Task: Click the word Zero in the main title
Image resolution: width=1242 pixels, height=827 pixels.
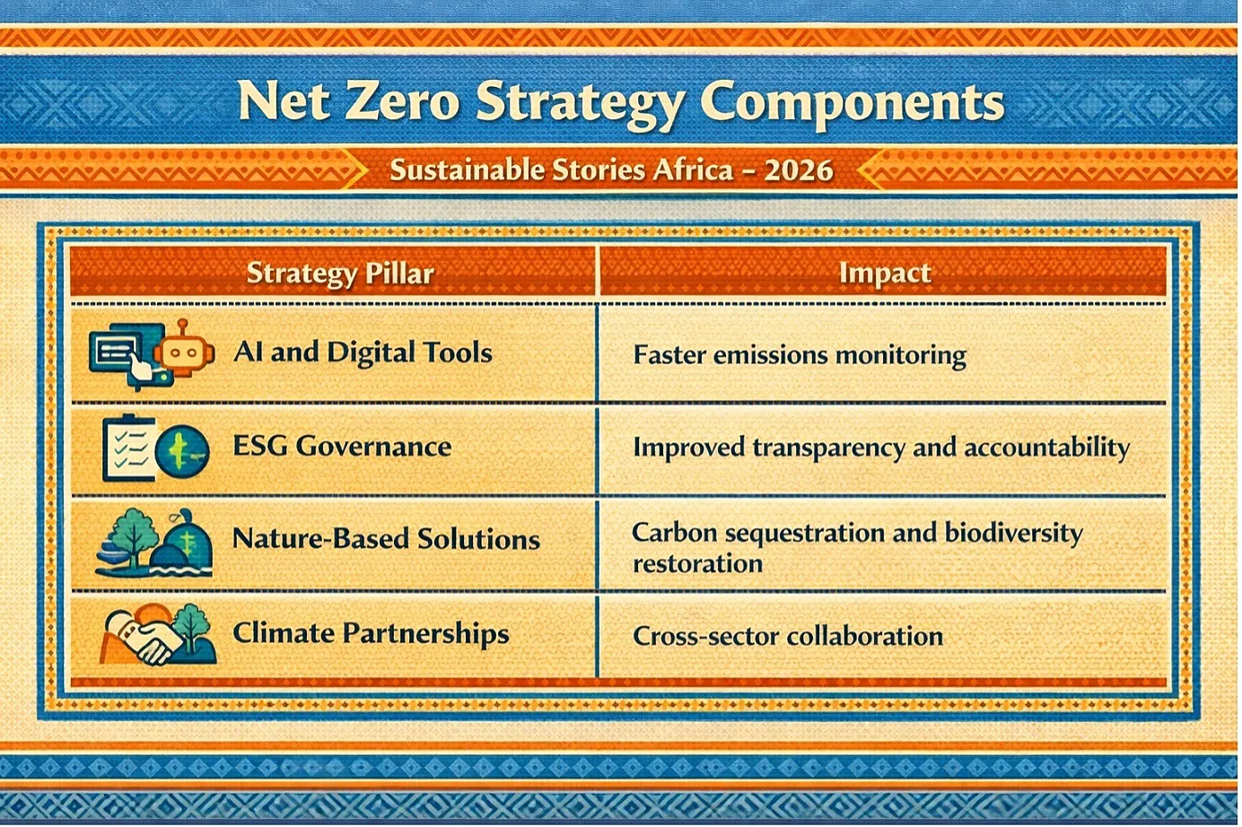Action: click(397, 100)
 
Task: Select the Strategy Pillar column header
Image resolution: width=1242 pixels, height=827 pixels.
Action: click(340, 274)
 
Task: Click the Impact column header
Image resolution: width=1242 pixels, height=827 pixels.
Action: click(884, 273)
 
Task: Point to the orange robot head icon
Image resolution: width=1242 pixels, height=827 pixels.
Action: click(184, 351)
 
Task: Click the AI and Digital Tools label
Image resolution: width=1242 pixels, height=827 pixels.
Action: click(363, 352)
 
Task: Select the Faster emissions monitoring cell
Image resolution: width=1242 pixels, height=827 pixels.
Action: click(800, 355)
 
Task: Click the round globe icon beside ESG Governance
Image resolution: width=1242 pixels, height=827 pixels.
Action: click(182, 452)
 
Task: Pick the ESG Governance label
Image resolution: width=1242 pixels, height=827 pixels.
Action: click(342, 446)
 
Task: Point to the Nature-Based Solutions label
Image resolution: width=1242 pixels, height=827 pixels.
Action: click(386, 539)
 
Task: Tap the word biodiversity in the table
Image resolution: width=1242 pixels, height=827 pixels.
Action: click(1013, 534)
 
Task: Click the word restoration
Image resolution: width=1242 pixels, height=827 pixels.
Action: click(697, 564)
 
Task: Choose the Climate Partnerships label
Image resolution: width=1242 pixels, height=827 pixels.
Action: click(371, 633)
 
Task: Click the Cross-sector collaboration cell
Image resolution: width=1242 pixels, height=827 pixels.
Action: click(788, 636)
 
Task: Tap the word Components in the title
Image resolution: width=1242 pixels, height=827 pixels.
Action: click(853, 102)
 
